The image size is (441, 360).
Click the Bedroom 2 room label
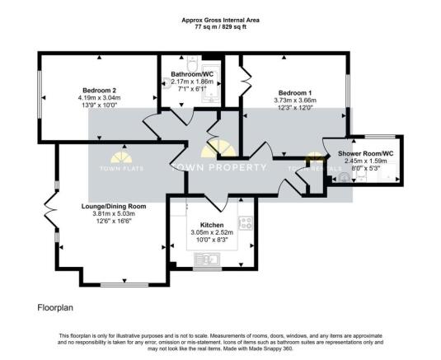(98, 90)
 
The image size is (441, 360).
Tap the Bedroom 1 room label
(293, 93)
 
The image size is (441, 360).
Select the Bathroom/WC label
(192, 74)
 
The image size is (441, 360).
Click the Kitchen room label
(213, 224)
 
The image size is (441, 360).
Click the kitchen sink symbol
(207, 260)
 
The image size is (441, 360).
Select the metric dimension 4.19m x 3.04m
(98, 98)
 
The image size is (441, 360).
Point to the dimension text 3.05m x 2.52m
(213, 232)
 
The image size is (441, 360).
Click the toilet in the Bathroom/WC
(190, 62)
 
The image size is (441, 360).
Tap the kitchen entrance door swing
(212, 200)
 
